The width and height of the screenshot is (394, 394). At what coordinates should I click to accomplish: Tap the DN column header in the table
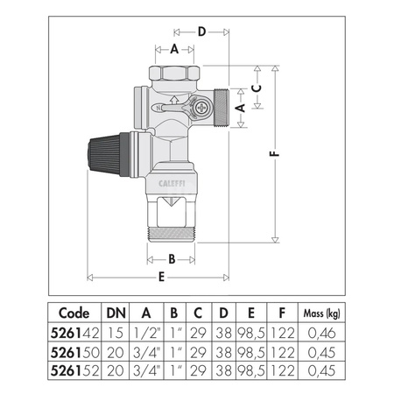coord(115,313)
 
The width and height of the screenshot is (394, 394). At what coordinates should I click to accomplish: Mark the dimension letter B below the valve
coord(172,258)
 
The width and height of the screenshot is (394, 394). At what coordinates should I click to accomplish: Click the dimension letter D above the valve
coord(201,32)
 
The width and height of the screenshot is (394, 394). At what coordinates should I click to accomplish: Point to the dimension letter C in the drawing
coord(256,88)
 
